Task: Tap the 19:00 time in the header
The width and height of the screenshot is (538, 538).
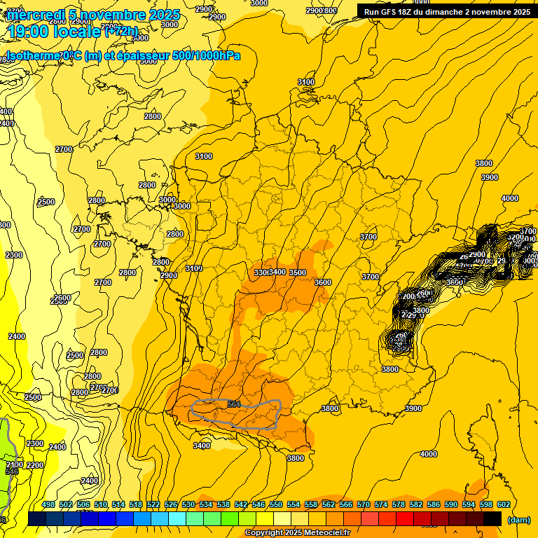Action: click(28, 31)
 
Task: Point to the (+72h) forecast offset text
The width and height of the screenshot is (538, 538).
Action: click(121, 32)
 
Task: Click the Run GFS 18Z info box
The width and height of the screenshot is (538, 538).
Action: click(447, 12)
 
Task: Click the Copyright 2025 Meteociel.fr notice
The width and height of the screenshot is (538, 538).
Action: click(298, 533)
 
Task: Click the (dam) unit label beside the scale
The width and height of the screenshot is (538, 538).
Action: click(518, 520)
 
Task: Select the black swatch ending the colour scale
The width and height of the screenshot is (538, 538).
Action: click(492, 518)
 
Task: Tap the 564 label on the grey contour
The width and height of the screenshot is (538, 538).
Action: click(234, 404)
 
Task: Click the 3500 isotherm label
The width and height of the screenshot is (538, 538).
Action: click(298, 273)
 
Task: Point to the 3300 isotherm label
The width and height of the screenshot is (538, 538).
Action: click(261, 273)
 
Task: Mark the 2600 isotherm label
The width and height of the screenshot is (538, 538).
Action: click(62, 298)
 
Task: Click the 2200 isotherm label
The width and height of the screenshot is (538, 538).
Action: click(34, 465)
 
